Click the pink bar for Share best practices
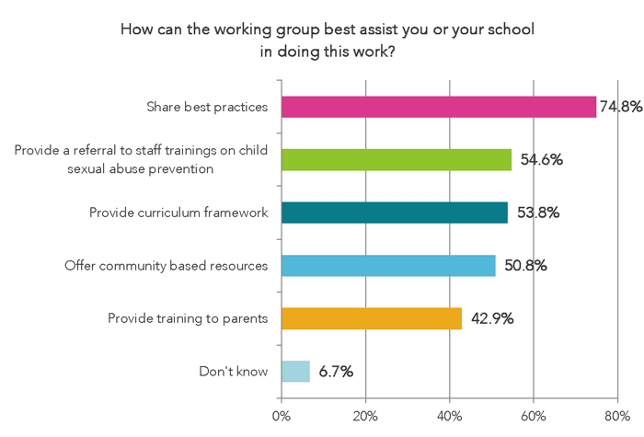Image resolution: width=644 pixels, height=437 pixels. point(439,107)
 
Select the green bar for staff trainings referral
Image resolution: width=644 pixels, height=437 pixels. point(396,159)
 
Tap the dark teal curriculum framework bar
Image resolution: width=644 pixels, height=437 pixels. point(395,213)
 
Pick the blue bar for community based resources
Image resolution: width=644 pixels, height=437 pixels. point(388,266)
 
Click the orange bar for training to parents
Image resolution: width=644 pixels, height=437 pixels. point(372,318)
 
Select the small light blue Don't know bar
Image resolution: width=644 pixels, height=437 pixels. point(295,372)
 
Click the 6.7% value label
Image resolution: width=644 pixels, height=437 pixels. point(336,372)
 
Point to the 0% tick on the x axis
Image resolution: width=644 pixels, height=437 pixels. point(282,415)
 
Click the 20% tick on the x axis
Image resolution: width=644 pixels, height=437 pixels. point(365,415)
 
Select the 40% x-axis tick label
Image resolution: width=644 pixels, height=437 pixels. point(449,415)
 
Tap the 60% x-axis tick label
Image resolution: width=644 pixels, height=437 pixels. point(534,415)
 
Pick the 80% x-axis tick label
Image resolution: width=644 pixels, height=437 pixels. point(617,415)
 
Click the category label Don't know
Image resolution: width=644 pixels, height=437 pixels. point(233,372)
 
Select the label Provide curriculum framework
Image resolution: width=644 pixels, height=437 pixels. point(178,213)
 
